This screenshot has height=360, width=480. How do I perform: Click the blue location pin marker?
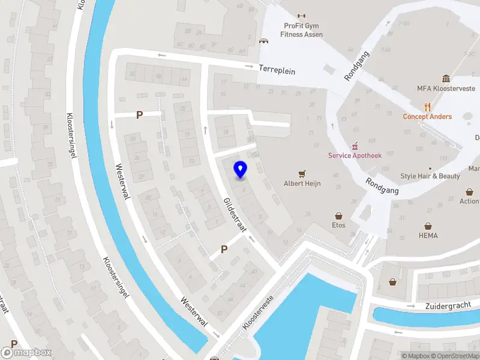point(240,170)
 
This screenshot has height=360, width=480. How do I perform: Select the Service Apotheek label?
point(355,155)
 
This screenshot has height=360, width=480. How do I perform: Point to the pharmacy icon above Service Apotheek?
point(355,145)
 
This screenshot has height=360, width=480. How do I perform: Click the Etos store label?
point(339,226)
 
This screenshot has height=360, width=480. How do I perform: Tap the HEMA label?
point(428,236)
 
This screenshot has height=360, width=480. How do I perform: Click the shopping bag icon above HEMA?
point(428,226)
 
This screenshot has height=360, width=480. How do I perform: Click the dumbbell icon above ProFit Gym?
point(301,16)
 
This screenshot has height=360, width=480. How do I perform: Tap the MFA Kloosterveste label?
point(446,88)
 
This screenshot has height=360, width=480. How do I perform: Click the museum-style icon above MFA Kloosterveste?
point(446,79)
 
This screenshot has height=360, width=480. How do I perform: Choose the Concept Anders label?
point(427,116)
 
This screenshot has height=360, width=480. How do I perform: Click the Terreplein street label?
point(277,70)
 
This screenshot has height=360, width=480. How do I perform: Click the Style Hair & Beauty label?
point(430,176)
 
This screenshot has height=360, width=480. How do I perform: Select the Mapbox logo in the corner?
point(26,353)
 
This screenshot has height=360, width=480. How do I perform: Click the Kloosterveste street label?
point(258,312)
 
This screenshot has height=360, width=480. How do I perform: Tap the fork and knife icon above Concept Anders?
point(427,107)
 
